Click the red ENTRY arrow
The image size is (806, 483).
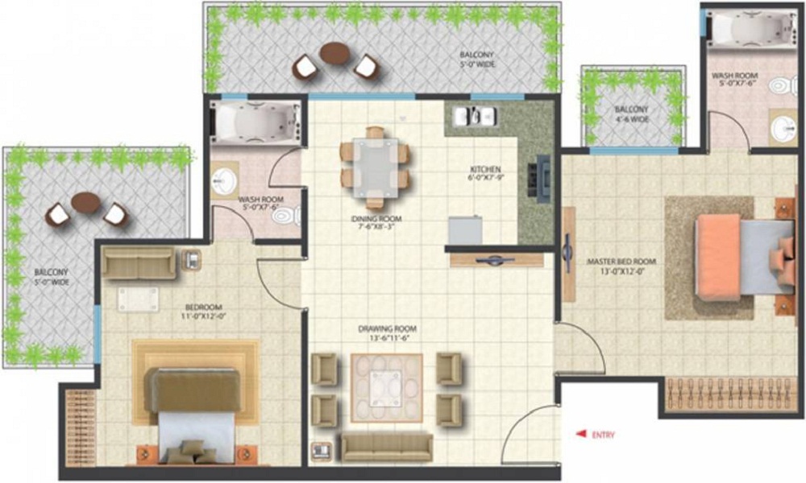click(x=580, y=435)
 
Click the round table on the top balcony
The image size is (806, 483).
click(x=334, y=54)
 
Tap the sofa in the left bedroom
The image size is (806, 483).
click(x=139, y=263)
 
